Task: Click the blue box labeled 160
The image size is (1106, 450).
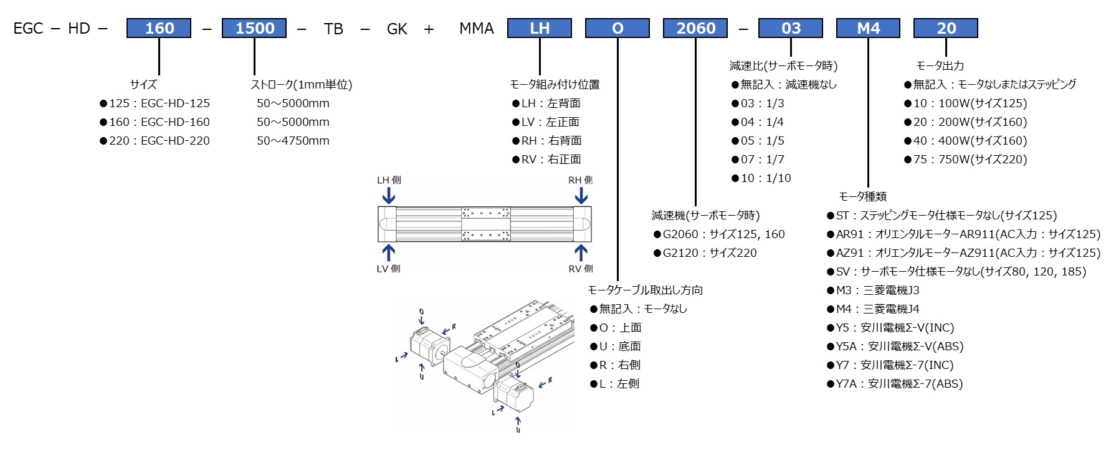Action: pos(159,29)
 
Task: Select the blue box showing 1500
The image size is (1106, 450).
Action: pos(254,29)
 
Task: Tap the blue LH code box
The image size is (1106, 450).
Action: pos(540,29)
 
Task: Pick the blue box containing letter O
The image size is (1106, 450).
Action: pos(617,29)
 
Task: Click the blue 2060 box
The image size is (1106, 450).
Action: pos(695,29)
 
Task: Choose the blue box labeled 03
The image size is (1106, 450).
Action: pos(791,29)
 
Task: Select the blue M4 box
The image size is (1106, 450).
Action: pos(868,29)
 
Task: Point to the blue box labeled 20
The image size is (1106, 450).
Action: pos(946,29)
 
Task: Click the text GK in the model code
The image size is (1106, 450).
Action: pos(397,29)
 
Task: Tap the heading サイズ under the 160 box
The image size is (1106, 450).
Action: pos(143,85)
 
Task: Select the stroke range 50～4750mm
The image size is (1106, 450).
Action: pos(293,141)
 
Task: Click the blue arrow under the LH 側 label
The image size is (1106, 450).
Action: pos(389,196)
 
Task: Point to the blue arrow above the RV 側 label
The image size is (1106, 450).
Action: pos(581,252)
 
